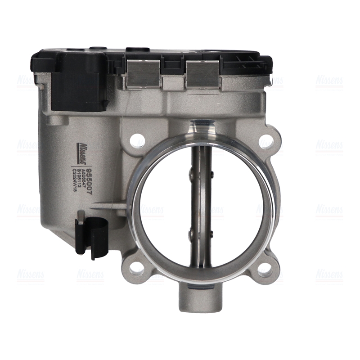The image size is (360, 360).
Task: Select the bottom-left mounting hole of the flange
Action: [x=137, y=269]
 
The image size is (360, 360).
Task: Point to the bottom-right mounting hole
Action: [x=265, y=269]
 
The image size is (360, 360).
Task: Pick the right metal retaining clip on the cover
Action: [x=202, y=73]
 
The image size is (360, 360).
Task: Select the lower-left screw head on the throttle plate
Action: [x=191, y=233]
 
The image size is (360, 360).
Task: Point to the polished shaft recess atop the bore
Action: [x=201, y=126]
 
